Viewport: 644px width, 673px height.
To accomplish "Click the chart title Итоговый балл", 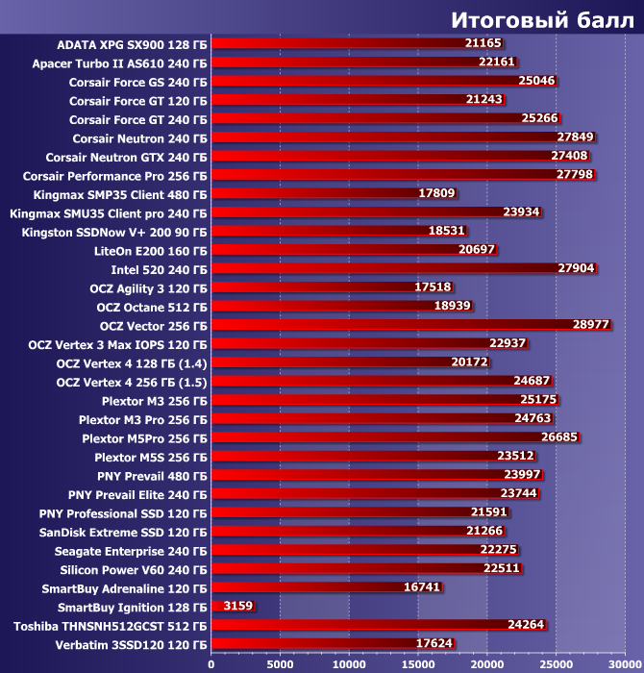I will point(540,21).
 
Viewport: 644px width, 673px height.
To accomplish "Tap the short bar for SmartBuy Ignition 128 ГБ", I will point(216,607).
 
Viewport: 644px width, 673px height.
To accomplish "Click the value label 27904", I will point(576,269).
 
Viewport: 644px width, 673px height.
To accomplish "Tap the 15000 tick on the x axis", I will point(417,662).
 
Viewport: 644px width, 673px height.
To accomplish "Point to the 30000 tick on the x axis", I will point(624,662).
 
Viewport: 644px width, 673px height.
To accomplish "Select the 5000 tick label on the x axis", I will point(280,662).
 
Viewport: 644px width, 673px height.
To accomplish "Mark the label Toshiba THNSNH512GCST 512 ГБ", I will point(111,625).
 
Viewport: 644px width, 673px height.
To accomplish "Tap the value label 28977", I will point(591,325).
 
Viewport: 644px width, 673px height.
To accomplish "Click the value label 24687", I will point(532,382).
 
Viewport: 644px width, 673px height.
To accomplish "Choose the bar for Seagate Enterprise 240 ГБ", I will point(346,550).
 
